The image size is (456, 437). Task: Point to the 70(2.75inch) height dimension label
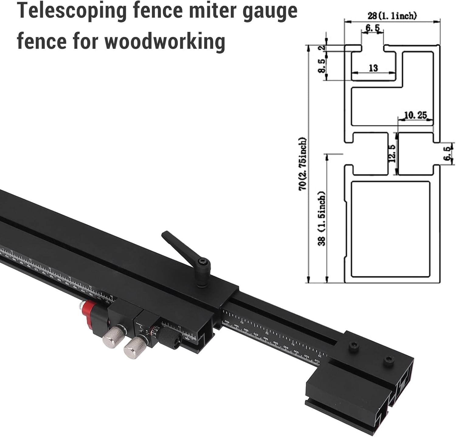tap(303, 164)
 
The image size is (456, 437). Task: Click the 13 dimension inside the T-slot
tap(373, 68)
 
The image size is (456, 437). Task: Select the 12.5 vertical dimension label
tap(392, 153)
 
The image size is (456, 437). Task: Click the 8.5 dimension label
tap(322, 66)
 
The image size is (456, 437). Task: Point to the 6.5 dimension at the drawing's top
tap(372, 28)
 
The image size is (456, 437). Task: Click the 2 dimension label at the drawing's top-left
tap(323, 48)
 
